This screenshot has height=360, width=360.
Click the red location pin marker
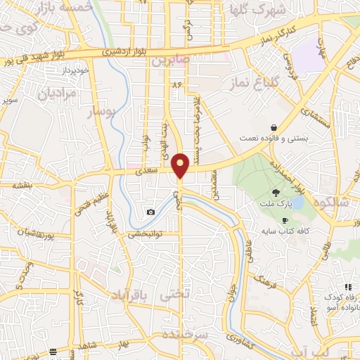tap(181, 165)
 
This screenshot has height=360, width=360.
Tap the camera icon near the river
tap(150, 212)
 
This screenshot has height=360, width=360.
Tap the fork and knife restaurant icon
tap(347, 286)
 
